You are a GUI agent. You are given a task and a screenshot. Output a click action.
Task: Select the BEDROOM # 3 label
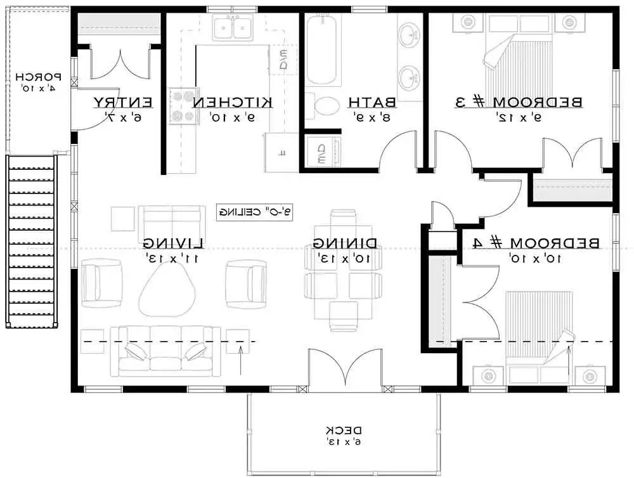coord(520,102)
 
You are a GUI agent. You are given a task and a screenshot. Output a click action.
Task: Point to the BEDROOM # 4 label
coord(536,243)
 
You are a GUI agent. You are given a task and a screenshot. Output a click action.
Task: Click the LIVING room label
coord(173,243)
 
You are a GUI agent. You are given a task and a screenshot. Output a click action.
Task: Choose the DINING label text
coord(346,243)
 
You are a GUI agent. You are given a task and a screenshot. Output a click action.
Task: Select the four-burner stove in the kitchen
coord(183,106)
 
